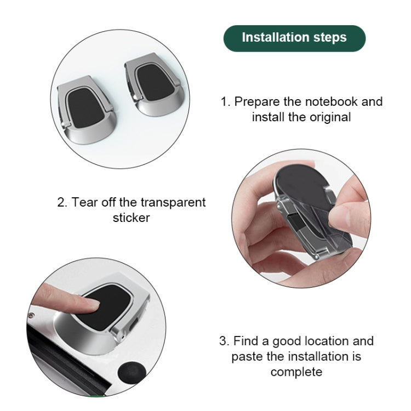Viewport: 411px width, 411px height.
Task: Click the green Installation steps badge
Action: coord(294,38)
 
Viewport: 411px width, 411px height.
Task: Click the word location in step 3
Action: coord(318,341)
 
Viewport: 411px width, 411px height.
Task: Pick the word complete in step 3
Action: coord(296,372)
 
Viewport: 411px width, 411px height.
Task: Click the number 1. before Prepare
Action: coord(225,102)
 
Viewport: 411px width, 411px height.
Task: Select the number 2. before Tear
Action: coord(62,202)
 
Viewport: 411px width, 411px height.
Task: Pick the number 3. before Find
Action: coord(224,341)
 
